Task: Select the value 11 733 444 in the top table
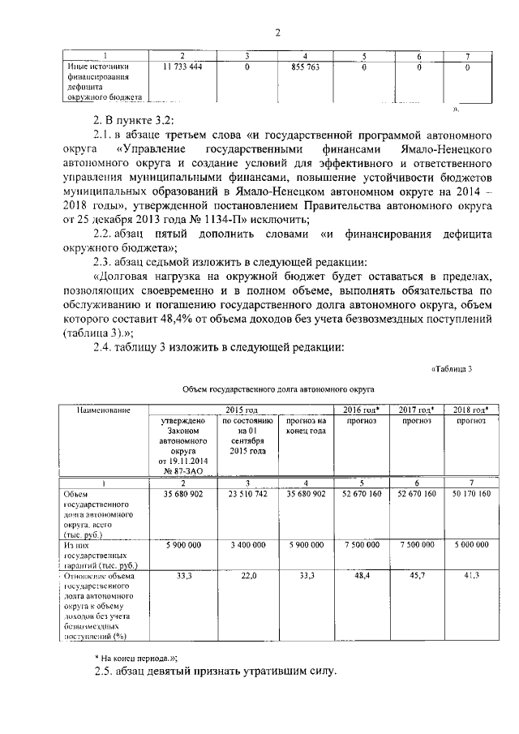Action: tap(182, 67)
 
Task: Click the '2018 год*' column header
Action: tap(470, 410)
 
